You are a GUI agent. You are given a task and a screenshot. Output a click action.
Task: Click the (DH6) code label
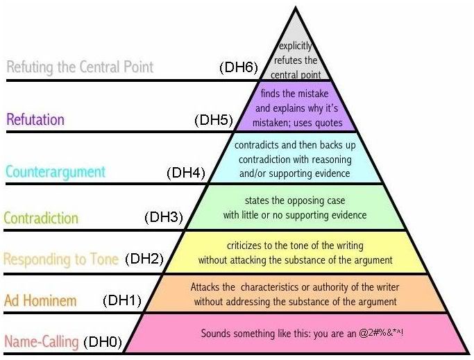pos(239,67)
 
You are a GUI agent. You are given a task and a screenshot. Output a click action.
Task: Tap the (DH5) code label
pos(214,120)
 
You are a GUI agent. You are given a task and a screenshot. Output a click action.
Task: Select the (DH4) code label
pos(186,173)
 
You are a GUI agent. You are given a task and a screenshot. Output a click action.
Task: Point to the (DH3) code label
pos(164,217)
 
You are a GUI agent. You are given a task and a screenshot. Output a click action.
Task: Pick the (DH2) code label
pos(144,259)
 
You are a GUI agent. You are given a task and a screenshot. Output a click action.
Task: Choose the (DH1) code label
pos(122,300)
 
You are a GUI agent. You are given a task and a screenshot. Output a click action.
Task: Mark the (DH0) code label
pos(103,342)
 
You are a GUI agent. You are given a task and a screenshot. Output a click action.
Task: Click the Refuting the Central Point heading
pos(80,67)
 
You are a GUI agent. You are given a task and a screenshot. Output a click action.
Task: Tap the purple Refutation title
pos(35,119)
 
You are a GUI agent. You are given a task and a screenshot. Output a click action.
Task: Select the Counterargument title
pos(56,172)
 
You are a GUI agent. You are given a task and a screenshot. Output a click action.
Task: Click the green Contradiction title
pos(41,218)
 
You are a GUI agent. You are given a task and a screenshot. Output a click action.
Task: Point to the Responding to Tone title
pos(61,259)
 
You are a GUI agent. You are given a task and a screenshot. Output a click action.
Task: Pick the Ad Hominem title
pos(40,300)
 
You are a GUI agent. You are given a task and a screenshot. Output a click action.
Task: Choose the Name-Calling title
pos(42,341)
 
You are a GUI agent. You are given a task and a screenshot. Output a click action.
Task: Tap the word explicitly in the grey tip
pos(295,46)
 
